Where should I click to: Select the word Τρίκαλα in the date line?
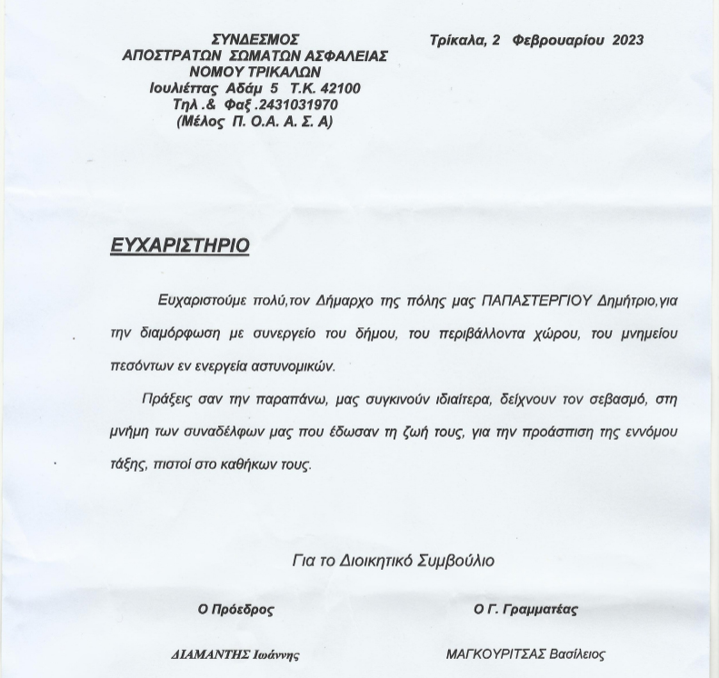coord(458,40)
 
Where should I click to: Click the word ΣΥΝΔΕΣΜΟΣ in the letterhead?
coord(255,40)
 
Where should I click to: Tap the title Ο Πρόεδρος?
coord(235,610)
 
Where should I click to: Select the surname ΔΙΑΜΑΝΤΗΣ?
coord(206,654)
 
